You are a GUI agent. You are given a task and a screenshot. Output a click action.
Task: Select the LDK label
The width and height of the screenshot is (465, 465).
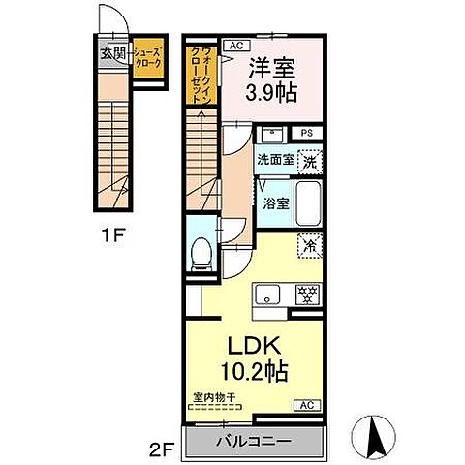(x=255, y=346)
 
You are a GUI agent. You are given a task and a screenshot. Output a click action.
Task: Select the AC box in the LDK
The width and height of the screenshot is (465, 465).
(x=306, y=404)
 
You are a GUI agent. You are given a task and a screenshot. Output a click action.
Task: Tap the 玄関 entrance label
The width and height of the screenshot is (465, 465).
(x=111, y=54)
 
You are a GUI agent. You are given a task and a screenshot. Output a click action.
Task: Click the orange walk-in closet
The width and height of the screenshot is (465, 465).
(x=203, y=77)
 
